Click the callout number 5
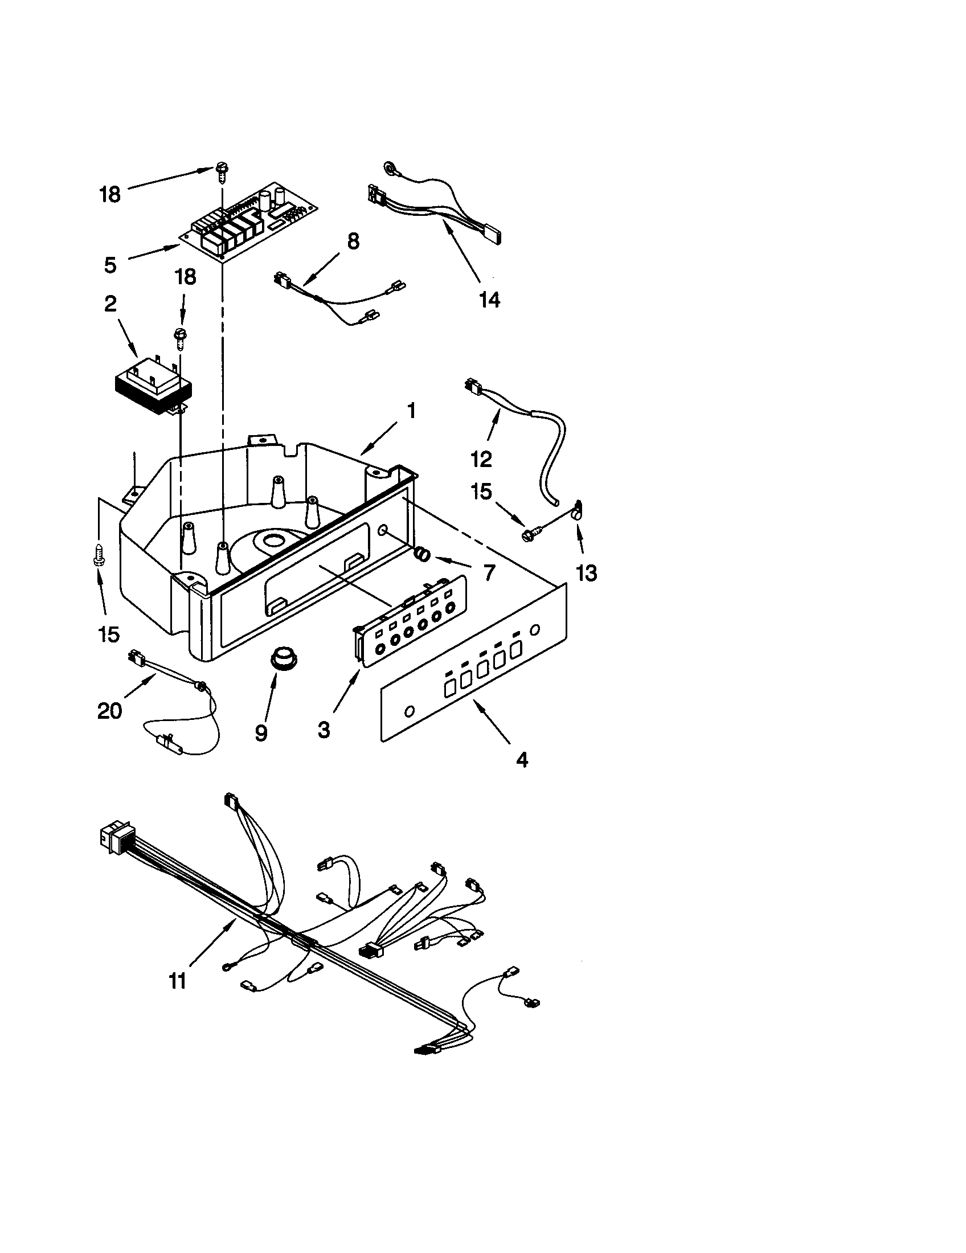pyautogui.click(x=110, y=265)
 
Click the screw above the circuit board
pyautogui.click(x=222, y=171)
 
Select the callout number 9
pyautogui.click(x=261, y=732)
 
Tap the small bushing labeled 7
pyautogui.click(x=422, y=554)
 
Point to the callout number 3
pyautogui.click(x=324, y=730)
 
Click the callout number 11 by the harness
pyautogui.click(x=178, y=981)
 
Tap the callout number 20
pyautogui.click(x=109, y=711)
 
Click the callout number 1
pyautogui.click(x=411, y=411)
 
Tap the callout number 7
pyautogui.click(x=489, y=572)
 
